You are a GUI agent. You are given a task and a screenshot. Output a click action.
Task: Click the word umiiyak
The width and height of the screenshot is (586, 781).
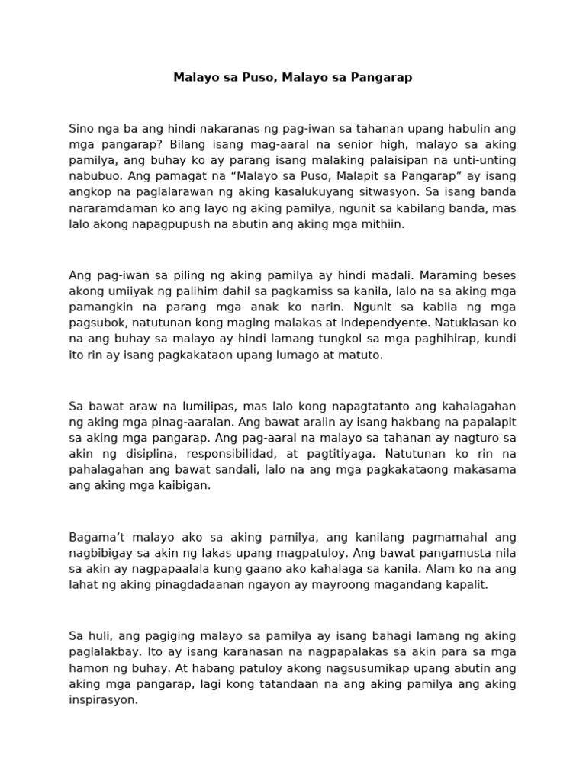(x=130, y=290)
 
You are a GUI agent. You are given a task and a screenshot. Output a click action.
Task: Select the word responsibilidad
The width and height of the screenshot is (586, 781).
(x=227, y=453)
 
